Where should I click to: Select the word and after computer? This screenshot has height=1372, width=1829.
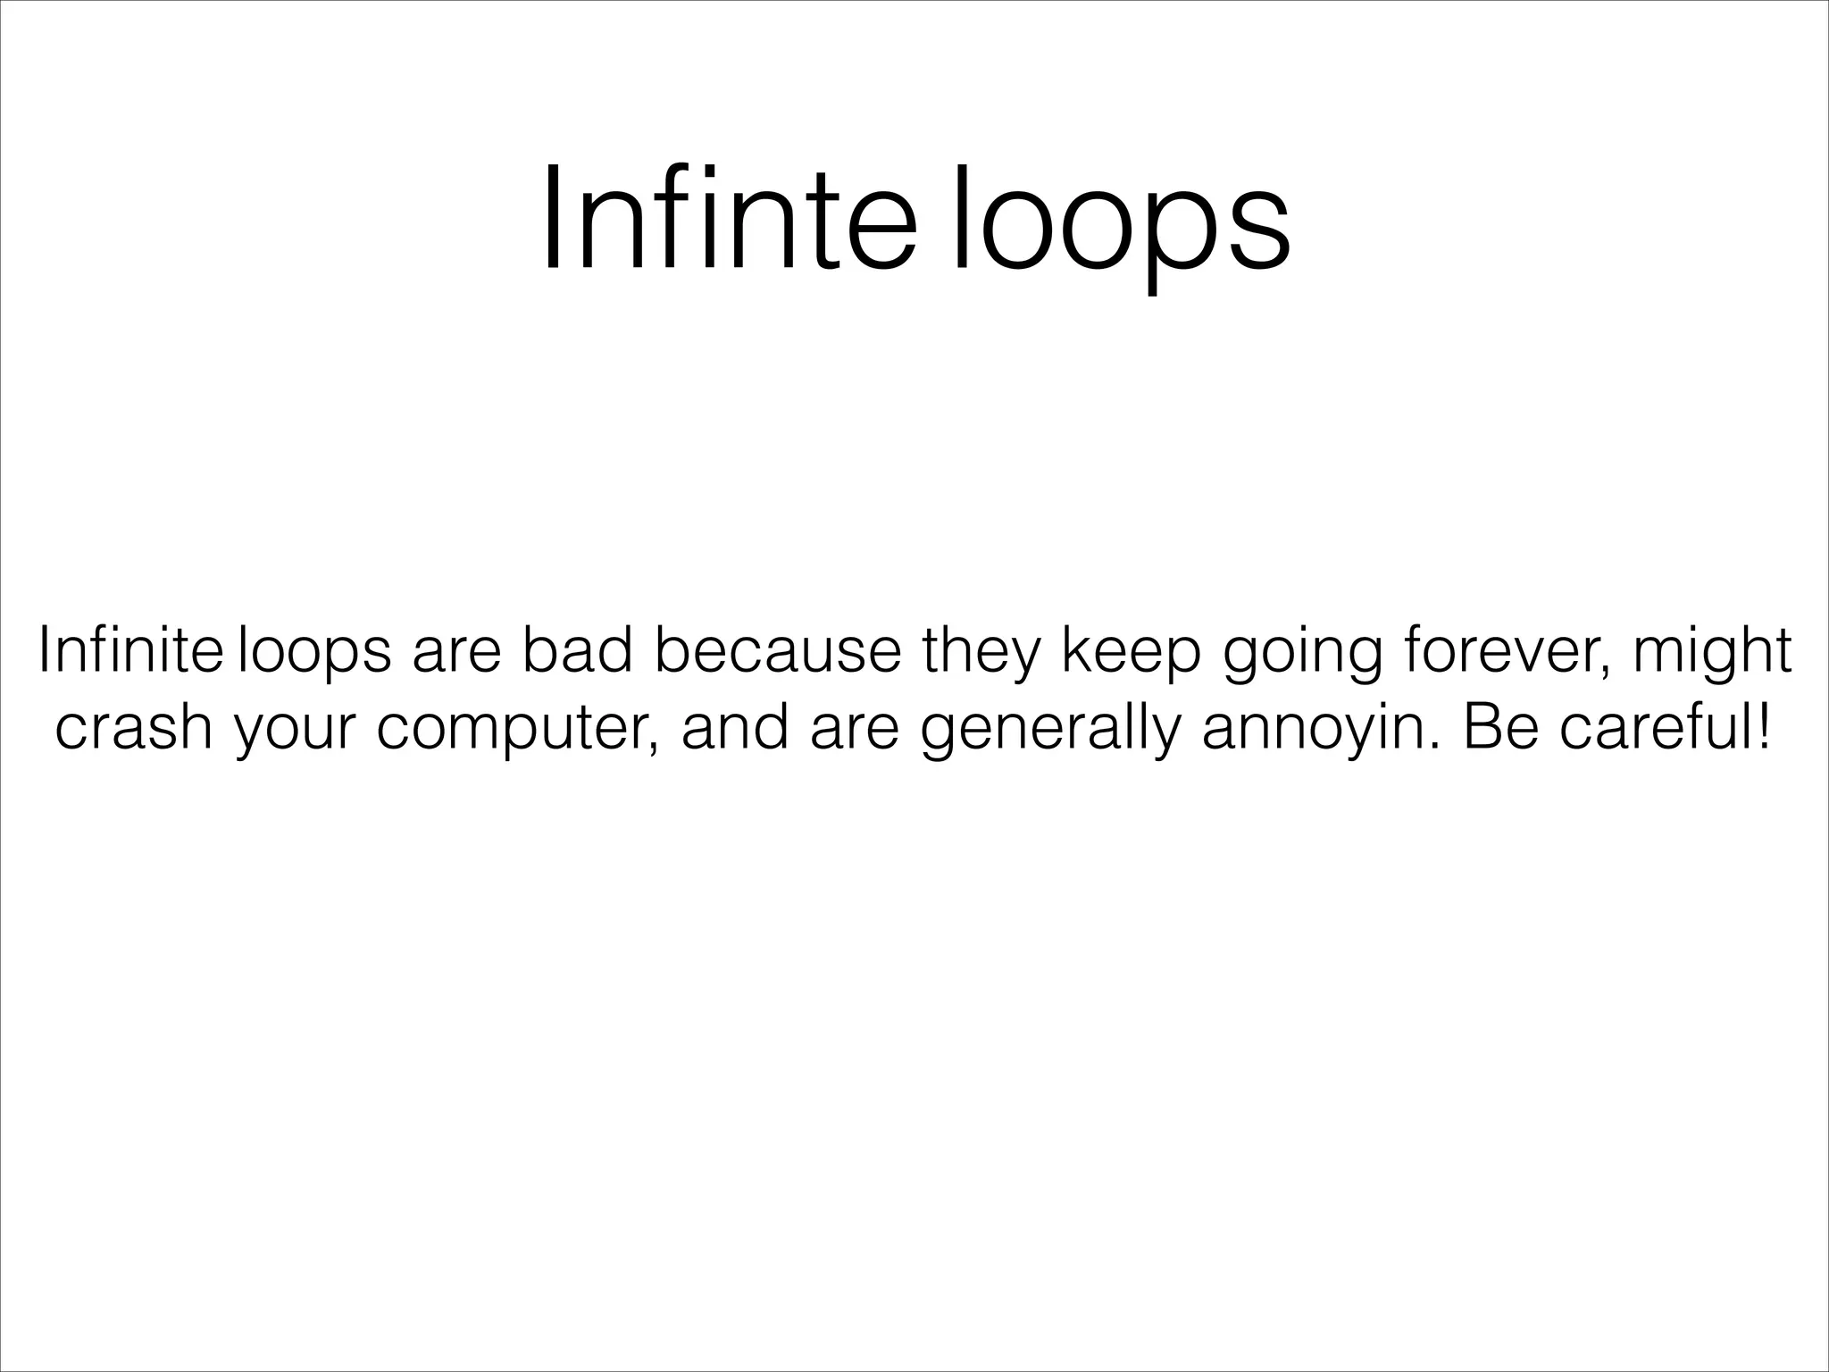735,727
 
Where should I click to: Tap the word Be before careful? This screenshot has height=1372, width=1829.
1502,727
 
